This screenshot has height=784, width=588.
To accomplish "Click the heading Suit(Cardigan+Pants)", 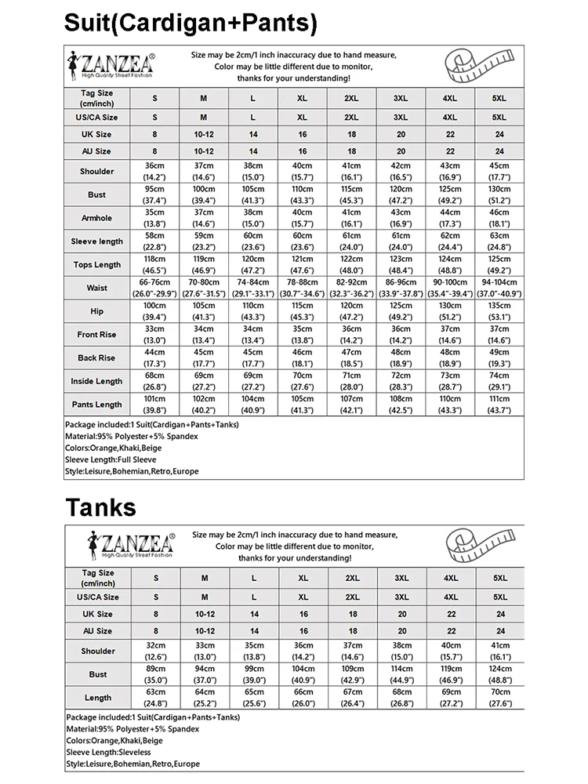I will click(x=191, y=23).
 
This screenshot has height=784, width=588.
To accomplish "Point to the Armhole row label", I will click(x=96, y=218).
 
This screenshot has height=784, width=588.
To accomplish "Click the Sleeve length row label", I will click(x=96, y=241).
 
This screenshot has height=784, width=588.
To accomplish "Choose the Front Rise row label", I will click(x=96, y=335).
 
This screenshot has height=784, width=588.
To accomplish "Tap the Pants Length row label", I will click(x=96, y=405).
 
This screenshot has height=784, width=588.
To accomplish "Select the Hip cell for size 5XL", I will click(x=499, y=311).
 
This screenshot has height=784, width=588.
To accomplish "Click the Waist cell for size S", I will click(x=154, y=288).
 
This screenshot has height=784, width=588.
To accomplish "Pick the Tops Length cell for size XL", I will click(x=302, y=265).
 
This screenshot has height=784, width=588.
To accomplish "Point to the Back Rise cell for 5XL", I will click(x=499, y=358).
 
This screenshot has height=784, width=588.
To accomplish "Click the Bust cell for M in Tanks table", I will click(x=205, y=674).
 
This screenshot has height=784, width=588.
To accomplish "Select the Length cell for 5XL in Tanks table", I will click(x=500, y=698).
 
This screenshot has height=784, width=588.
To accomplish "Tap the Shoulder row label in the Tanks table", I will click(x=97, y=651).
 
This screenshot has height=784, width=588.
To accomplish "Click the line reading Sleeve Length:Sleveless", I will click(x=111, y=752).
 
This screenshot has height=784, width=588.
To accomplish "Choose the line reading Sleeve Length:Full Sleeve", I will click(x=111, y=459).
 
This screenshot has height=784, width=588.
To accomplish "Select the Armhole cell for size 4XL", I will click(x=449, y=218).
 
